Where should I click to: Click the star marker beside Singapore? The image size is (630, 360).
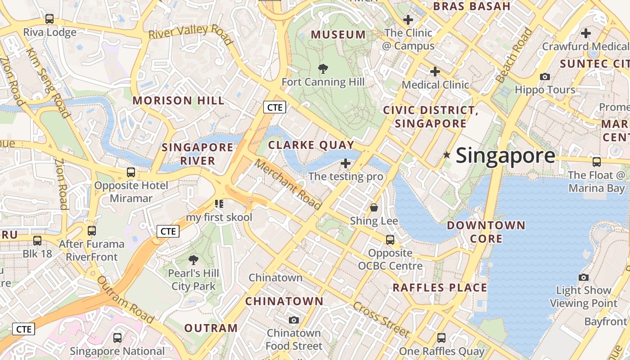click(446, 155)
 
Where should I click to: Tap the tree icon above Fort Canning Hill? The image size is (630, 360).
click(323, 69)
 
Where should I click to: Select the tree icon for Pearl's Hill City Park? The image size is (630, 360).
click(193, 260)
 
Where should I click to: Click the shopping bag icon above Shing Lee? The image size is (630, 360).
click(373, 207)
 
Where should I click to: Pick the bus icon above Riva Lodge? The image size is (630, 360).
click(49, 19)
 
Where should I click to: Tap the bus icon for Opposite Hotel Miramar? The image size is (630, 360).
click(130, 172)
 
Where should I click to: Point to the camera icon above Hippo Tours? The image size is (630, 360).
click(545, 76)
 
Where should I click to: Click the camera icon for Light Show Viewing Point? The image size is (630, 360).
click(584, 277)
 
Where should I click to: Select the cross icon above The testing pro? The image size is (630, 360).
click(346, 163)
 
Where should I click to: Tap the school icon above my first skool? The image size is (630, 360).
click(219, 204)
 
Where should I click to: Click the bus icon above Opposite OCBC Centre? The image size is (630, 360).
click(390, 240)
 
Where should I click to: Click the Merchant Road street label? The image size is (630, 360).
click(288, 184)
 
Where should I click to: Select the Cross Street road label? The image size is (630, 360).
click(381, 319)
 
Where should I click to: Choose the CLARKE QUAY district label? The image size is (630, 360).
click(311, 145)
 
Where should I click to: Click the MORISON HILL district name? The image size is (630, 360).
click(179, 100)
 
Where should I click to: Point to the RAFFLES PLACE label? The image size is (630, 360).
click(440, 288)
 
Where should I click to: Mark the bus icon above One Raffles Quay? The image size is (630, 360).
click(441, 337)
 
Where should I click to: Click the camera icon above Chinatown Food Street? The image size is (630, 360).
click(294, 320)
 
